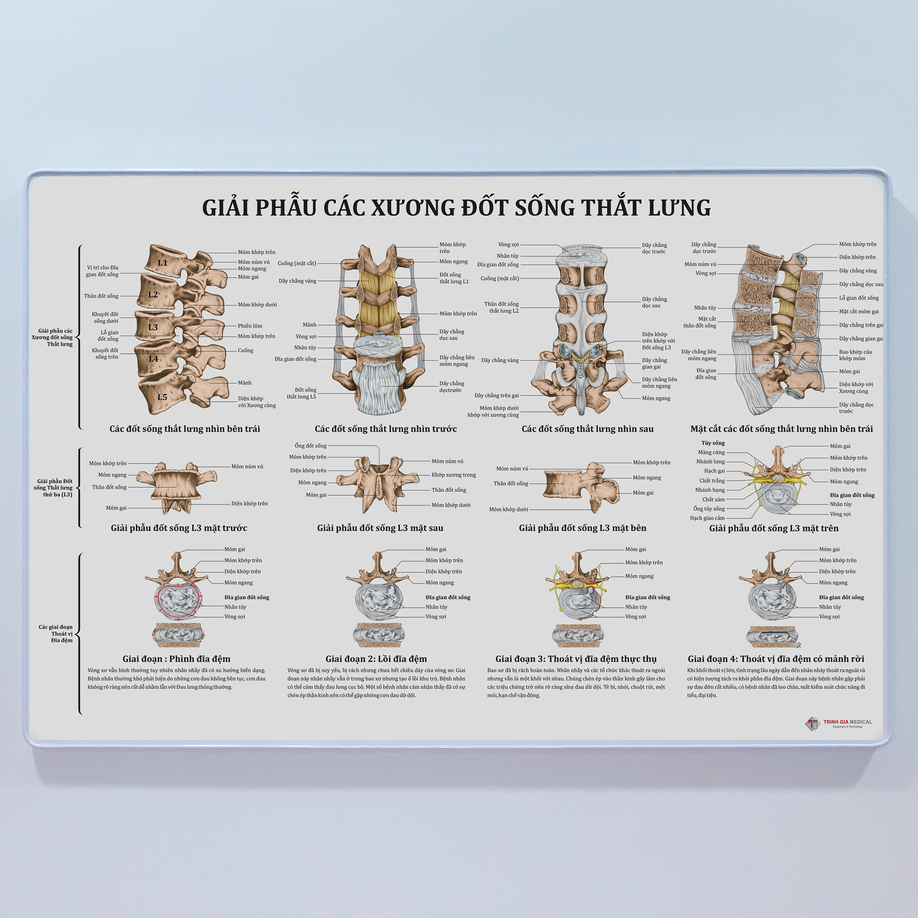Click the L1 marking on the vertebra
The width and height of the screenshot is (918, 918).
(x=162, y=263)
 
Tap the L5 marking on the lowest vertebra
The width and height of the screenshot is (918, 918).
(x=162, y=397)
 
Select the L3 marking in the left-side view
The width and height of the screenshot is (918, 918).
(x=153, y=327)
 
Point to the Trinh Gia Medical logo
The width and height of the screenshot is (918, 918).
(x=839, y=724)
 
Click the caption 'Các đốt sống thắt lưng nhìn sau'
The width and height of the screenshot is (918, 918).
(x=588, y=429)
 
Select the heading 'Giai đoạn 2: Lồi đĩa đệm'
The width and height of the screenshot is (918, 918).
(x=376, y=659)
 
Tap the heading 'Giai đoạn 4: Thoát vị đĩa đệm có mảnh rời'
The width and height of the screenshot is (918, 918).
(x=776, y=659)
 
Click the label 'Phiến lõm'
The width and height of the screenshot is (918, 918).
(x=250, y=326)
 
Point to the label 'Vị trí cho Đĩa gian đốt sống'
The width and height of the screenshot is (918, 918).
(x=102, y=271)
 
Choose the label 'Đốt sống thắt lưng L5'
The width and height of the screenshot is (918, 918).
(x=301, y=393)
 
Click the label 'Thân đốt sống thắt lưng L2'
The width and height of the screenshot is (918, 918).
(x=501, y=308)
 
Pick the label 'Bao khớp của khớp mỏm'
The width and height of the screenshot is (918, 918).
(x=855, y=355)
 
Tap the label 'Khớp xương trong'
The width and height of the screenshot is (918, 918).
(x=453, y=475)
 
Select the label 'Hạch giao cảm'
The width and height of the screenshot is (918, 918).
(x=707, y=518)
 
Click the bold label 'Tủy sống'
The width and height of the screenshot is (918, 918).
(x=713, y=443)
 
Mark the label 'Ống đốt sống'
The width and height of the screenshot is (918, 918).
(x=311, y=446)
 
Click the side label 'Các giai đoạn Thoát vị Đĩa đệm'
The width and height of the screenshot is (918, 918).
(x=56, y=633)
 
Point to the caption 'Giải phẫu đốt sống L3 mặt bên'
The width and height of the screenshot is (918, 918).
(x=582, y=528)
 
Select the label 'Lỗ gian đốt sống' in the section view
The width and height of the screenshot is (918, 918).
(x=859, y=298)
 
